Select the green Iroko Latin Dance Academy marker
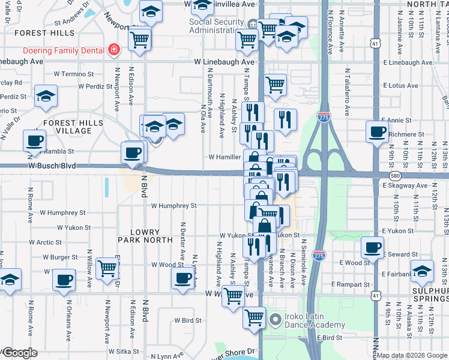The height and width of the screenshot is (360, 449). [276, 319]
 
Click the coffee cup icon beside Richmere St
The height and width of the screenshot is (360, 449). [377, 131]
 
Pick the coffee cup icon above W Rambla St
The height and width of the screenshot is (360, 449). [34, 140]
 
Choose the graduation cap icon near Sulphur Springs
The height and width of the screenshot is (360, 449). [422, 271]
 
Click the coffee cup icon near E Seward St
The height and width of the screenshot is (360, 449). [372, 247]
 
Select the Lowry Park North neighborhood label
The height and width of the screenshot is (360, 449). [144, 237]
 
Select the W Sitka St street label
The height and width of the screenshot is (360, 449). [126, 351]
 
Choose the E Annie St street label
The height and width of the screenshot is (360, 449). [396, 121]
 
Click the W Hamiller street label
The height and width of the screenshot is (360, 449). [224, 157]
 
